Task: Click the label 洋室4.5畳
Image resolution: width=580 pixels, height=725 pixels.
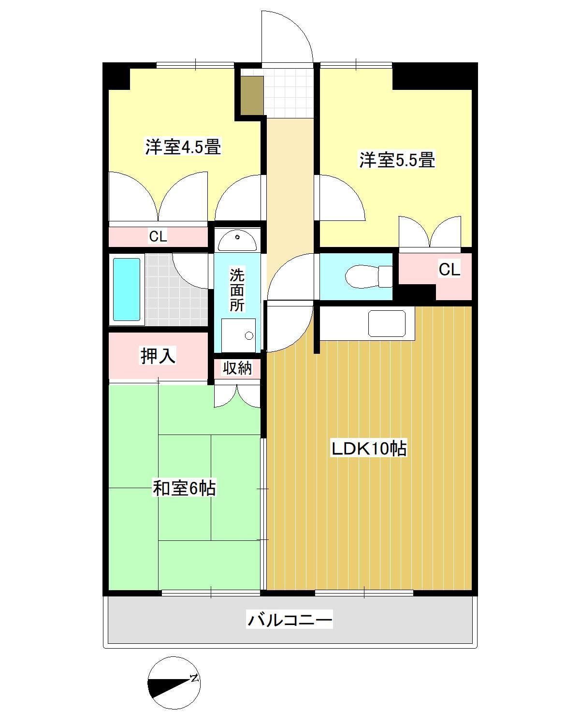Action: (x=183, y=146)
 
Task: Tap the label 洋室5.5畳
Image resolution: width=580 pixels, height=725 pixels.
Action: (x=397, y=159)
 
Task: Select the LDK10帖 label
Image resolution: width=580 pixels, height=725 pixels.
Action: (x=368, y=449)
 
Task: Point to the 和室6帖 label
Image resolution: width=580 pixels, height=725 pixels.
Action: (x=184, y=488)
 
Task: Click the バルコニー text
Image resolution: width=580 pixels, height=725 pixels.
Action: (x=290, y=619)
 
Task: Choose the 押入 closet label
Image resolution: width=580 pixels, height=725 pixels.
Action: (x=158, y=356)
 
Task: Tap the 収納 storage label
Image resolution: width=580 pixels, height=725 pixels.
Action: (x=237, y=368)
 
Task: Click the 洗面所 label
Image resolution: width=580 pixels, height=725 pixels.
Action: (x=237, y=290)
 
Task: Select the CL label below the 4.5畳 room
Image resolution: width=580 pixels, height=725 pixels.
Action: (x=158, y=237)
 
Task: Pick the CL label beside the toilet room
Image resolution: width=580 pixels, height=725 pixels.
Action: (x=449, y=269)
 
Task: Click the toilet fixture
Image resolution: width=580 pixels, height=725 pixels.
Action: (x=369, y=276)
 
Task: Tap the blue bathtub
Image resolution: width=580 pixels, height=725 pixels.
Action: (x=127, y=290)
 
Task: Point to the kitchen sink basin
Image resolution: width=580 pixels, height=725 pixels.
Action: (x=387, y=323)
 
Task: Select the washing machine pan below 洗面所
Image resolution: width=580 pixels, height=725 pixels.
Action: (x=238, y=335)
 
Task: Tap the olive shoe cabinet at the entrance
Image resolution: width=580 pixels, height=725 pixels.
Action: (x=252, y=95)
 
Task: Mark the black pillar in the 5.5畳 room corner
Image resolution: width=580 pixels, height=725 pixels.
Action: (x=432, y=76)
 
